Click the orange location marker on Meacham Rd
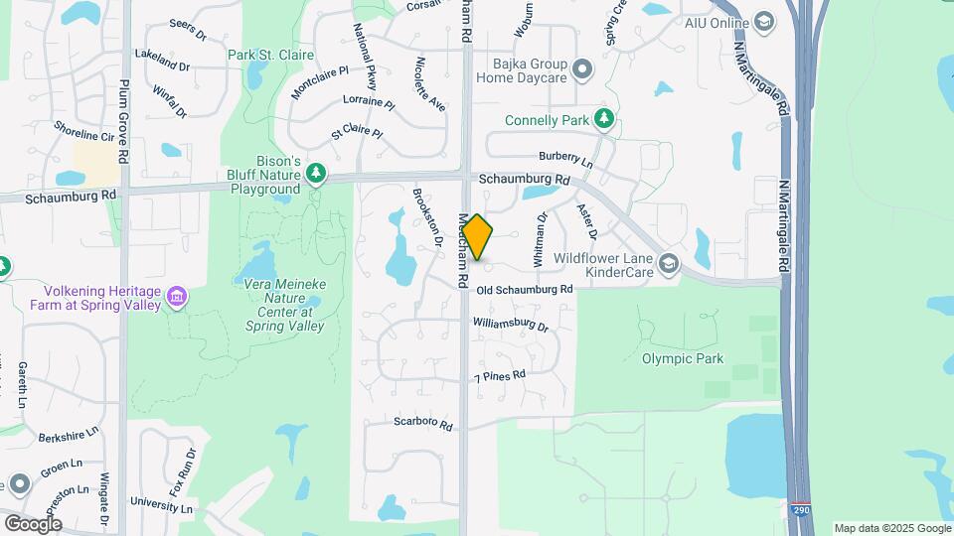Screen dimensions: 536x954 click(x=477, y=238)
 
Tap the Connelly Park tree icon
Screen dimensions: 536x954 click(x=603, y=120)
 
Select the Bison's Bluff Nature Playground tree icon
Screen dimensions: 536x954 click(x=316, y=175)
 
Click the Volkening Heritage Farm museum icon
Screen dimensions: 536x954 click(x=177, y=296)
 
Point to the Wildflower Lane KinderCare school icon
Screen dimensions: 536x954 click(x=669, y=263)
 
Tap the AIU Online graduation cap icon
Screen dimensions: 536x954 click(x=763, y=22)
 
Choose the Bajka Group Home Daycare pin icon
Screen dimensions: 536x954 click(x=581, y=68)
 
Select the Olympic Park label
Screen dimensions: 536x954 click(x=683, y=359)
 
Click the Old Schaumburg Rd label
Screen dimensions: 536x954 click(x=525, y=289)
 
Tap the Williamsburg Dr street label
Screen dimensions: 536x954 click(x=511, y=325)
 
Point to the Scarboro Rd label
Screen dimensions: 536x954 click(x=423, y=423)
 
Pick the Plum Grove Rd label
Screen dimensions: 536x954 click(x=123, y=121)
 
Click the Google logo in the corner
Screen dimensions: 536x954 click(x=33, y=523)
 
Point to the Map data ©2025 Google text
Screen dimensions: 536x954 click(x=892, y=528)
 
